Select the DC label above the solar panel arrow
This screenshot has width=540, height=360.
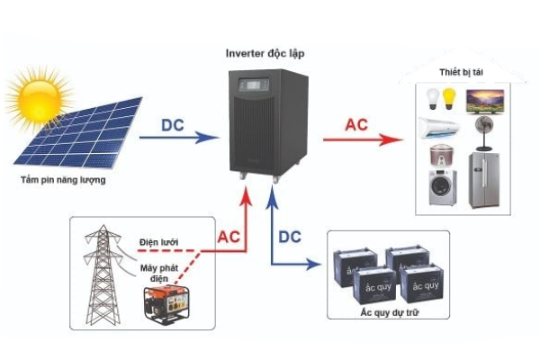pyautogui.click(x=175, y=125)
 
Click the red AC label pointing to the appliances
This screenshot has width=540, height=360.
pyautogui.click(x=355, y=125)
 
